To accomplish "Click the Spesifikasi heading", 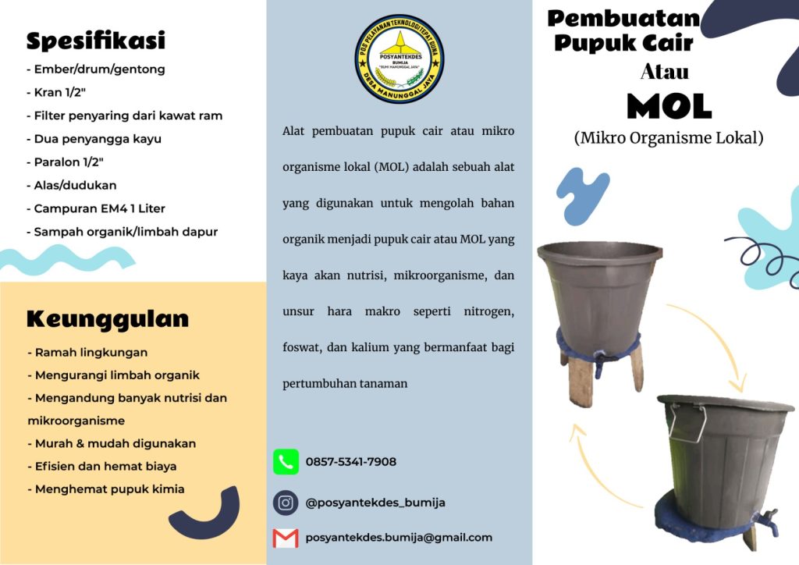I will (95, 41).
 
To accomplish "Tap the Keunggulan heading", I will (108, 318).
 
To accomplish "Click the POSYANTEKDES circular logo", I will (399, 59).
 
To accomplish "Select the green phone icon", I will (286, 462).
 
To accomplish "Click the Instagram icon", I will (286, 503).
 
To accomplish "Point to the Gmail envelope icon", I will (286, 538).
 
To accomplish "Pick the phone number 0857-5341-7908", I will (350, 462).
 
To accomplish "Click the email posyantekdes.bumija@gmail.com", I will (399, 538).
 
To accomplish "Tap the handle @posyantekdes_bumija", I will (375, 503).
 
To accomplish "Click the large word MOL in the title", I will (669, 106).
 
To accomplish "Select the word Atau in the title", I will (664, 72).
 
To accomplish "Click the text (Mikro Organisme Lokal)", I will (668, 138).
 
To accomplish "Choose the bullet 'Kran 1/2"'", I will (59, 92).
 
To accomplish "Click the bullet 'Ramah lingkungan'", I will (87, 353).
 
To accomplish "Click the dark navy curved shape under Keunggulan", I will (206, 515).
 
